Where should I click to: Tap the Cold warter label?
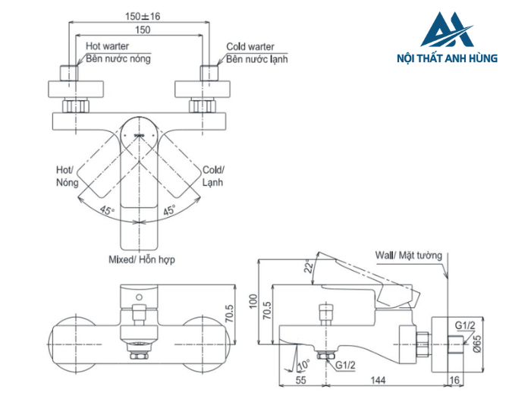coord(250,46)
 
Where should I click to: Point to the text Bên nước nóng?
coord(118,58)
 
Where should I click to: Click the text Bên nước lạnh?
coord(257,58)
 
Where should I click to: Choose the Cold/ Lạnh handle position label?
coord(213,177)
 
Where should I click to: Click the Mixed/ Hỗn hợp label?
coord(142,259)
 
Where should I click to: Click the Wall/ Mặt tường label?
coord(409,256)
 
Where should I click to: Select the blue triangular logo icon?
coord(447,32)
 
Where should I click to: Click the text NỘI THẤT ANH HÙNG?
coord(447,58)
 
